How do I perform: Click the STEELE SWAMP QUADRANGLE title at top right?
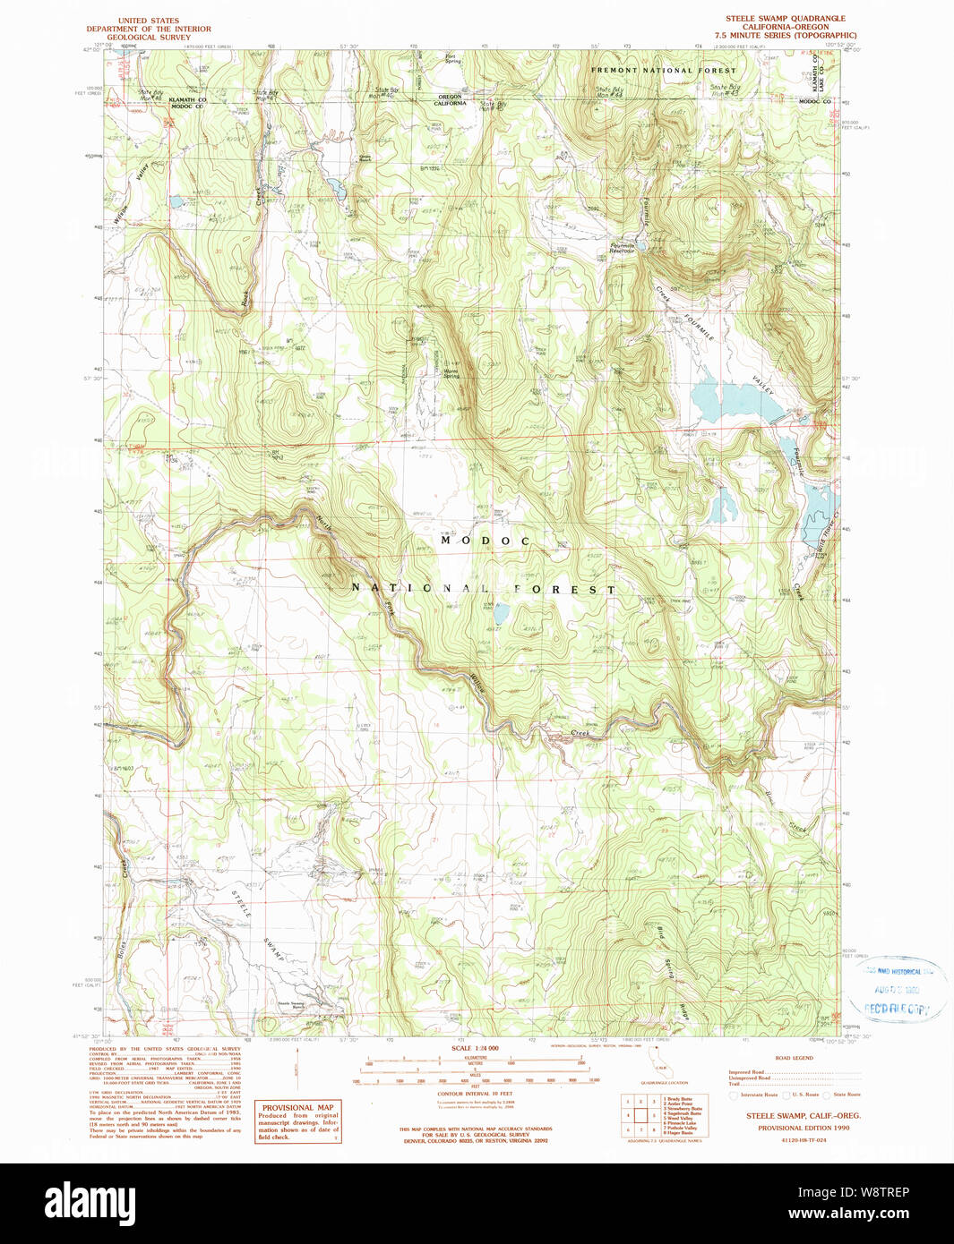click(x=785, y=19)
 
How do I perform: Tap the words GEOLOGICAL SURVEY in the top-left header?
click(x=149, y=38)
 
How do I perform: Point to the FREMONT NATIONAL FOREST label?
click(x=663, y=70)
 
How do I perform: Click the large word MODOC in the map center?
click(x=486, y=541)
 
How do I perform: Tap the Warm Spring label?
click(x=451, y=373)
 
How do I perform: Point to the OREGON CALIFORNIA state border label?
click(x=450, y=100)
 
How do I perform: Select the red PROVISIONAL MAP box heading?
click(x=297, y=1107)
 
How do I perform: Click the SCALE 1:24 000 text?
click(x=475, y=1048)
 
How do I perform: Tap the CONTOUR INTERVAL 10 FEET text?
click(x=475, y=1094)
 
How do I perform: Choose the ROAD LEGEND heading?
click(x=794, y=1058)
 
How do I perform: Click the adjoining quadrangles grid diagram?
click(x=640, y=1115)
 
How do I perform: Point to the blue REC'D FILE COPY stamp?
click(x=898, y=1009)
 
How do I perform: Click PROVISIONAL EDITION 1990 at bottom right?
click(x=804, y=1128)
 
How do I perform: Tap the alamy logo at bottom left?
click(x=90, y=1202)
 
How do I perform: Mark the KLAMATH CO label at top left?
click(x=188, y=100)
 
